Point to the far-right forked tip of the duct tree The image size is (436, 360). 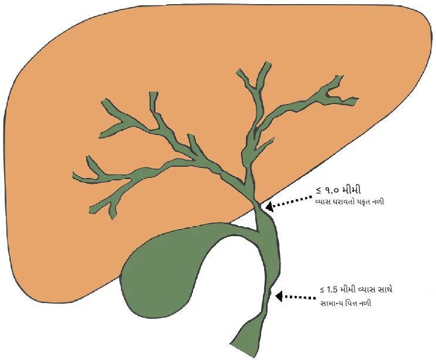pos(354,101)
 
